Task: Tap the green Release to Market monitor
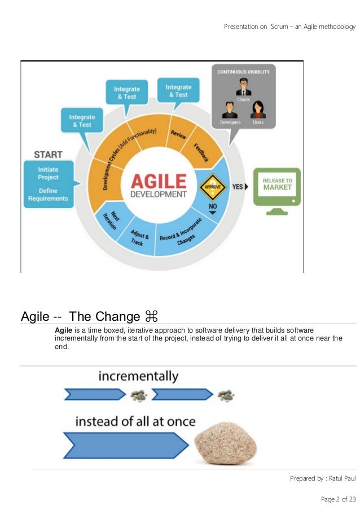276,188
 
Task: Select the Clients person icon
244,87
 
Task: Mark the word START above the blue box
48,154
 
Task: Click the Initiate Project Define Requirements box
49,184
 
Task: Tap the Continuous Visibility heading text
244,72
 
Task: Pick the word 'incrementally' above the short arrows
138,376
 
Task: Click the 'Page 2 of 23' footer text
338,499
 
